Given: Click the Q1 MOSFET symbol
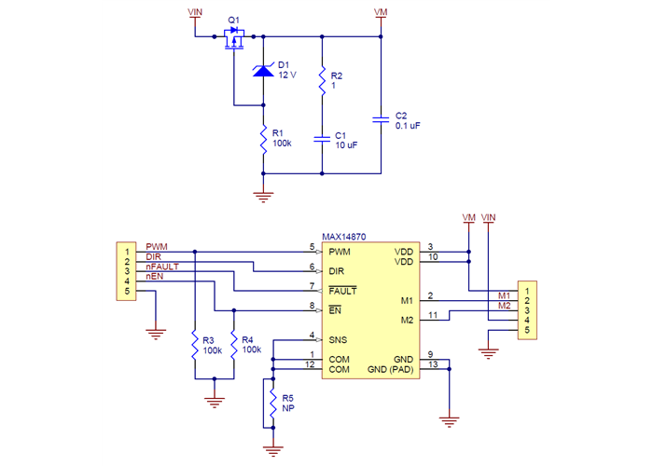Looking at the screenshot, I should point(234,37).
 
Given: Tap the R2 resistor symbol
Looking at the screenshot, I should point(322,81).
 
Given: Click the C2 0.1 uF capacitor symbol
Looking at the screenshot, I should point(381,119).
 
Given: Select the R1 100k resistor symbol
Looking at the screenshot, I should point(263,139).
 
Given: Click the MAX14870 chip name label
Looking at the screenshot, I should point(343,239).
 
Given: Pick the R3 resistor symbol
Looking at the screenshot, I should point(194,346).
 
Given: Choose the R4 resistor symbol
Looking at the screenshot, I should point(233,346).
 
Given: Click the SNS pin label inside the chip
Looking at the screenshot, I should point(338,338).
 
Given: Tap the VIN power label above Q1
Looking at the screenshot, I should point(194,12).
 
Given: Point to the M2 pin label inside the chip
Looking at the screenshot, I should point(407,321).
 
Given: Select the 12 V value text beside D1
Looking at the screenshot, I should point(287,75).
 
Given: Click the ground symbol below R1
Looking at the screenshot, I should point(263,195).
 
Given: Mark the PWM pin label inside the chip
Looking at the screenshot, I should point(340,252).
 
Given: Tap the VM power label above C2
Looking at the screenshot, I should point(380,12).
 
